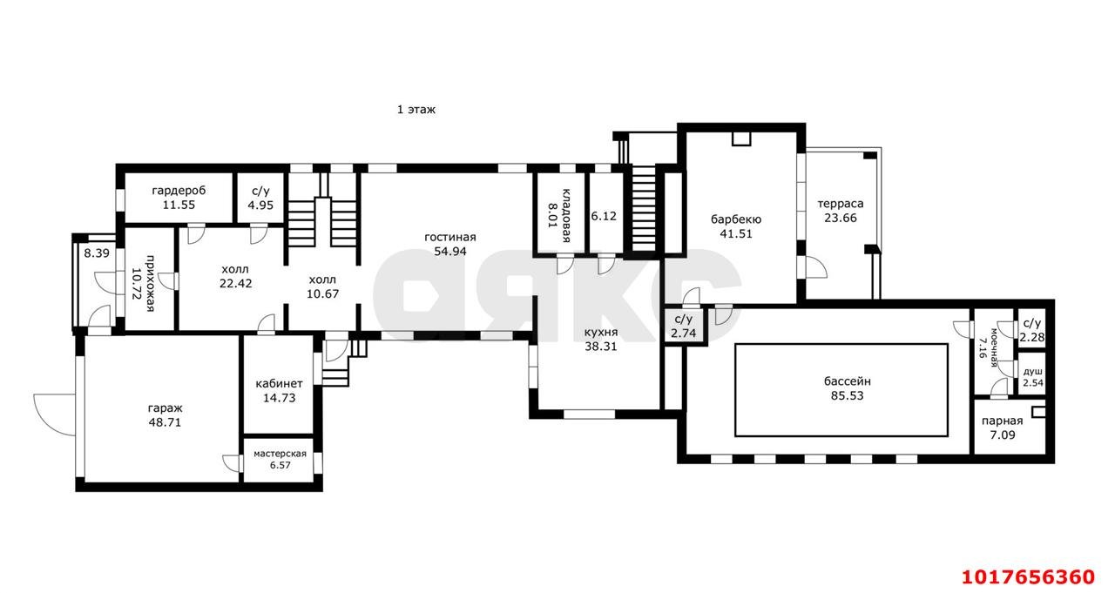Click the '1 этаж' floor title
tap(416, 110)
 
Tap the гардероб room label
tap(179, 191)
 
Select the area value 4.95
tap(260, 205)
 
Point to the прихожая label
tap(150, 284)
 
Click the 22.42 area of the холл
tap(235, 284)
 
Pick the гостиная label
tap(450, 238)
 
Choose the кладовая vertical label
tap(566, 215)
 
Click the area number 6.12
tap(604, 216)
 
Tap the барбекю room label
tap(736, 219)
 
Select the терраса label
tap(841, 204)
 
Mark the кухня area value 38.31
tap(601, 347)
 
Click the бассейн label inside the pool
tap(848, 381)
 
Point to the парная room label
tap(1002, 421)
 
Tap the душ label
tap(1033, 372)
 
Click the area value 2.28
tap(1032, 337)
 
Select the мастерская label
tap(280, 454)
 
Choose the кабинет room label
tap(280, 383)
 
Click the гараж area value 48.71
tap(165, 422)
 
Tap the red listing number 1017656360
tap(1028, 577)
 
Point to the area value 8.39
tap(97, 253)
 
